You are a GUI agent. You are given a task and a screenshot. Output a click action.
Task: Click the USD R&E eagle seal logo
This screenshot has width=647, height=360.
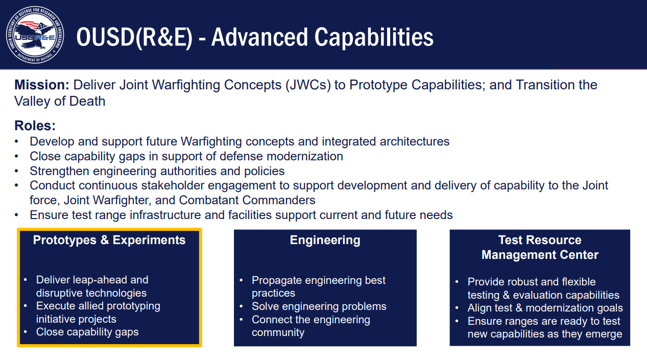[35, 35]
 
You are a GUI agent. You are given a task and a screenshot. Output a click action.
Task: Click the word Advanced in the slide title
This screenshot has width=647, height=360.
[259, 37]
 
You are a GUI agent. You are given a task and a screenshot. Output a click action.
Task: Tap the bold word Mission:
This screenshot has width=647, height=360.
[42, 85]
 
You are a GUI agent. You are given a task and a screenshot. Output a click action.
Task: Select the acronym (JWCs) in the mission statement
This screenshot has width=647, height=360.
[308, 85]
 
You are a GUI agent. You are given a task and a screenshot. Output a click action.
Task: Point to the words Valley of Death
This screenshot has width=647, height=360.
[60, 102]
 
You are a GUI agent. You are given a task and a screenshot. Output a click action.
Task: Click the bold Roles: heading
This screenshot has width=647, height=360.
[35, 126]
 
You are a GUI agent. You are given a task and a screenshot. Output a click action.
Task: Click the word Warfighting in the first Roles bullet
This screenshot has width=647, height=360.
[211, 141]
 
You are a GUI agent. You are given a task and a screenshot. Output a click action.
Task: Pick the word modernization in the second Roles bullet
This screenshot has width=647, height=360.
[305, 156]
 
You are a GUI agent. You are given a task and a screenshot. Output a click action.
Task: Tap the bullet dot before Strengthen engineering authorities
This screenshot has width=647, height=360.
[16, 171]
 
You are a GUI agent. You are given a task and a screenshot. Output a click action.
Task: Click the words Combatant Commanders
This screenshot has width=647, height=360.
[247, 200]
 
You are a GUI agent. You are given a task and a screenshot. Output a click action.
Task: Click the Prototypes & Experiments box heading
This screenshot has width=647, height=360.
[109, 240]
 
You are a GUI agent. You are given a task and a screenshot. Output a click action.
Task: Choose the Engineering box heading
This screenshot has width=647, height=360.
[325, 240]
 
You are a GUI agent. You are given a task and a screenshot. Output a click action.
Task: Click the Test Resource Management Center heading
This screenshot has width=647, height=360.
[540, 247]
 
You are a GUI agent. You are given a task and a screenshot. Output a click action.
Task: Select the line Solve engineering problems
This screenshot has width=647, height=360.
[319, 306]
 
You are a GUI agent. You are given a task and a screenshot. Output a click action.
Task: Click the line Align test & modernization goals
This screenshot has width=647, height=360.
[545, 308]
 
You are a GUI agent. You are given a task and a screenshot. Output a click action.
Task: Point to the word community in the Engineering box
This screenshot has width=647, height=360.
[278, 332]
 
